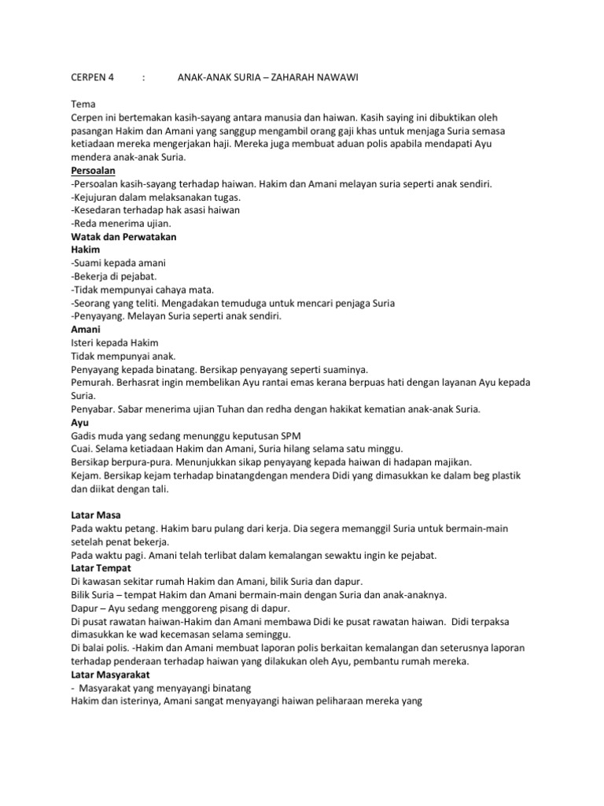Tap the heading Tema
[82, 104]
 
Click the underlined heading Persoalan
[94, 170]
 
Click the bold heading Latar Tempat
[101, 568]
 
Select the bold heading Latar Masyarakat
[111, 675]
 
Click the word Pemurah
[92, 382]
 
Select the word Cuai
[82, 449]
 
